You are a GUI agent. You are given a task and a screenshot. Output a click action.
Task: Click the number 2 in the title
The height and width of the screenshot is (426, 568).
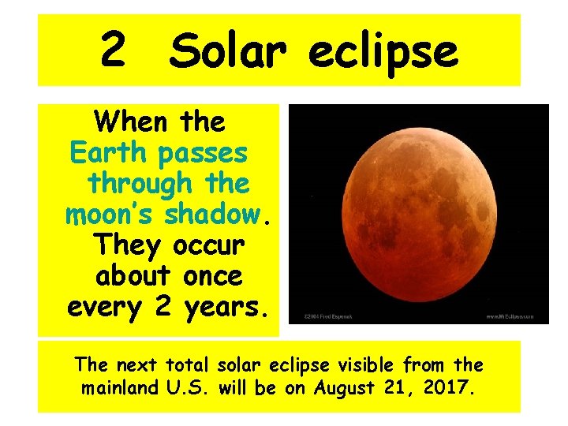tap(113, 50)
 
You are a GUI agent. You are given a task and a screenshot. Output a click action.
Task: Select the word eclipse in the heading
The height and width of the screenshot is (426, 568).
tap(383, 53)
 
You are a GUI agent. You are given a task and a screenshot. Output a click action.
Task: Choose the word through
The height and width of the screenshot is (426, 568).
tap(135, 183)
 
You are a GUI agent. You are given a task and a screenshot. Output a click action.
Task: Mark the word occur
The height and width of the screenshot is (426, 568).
tap(208, 245)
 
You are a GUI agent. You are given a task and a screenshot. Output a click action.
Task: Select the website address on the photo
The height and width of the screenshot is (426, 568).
tap(515, 317)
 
